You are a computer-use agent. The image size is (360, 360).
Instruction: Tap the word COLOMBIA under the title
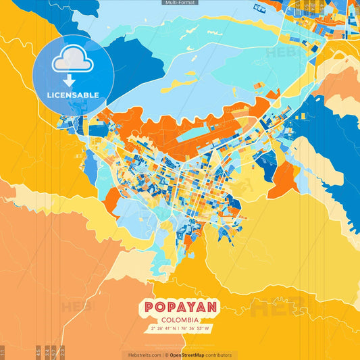(180, 319)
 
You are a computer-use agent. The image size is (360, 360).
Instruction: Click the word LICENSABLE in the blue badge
(72, 95)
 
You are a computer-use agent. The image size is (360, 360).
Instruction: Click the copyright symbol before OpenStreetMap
(168, 355)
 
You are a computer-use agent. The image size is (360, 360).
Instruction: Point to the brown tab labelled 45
(38, 351)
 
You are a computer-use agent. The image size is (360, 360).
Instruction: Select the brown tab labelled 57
(54, 351)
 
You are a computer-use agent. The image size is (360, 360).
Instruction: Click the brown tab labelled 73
(62, 351)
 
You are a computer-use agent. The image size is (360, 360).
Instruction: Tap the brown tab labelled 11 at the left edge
(3, 351)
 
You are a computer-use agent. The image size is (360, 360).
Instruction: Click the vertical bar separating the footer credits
(163, 355)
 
